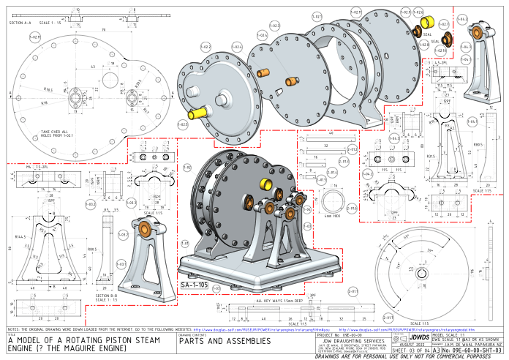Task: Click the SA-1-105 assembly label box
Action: point(194,284)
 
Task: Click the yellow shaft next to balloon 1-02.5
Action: point(198,114)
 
